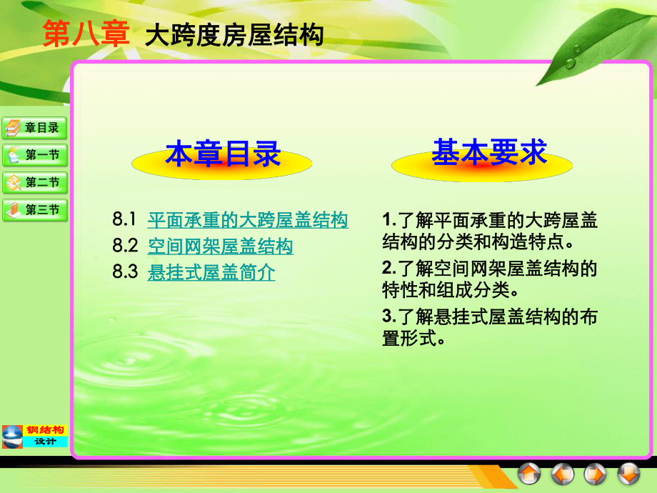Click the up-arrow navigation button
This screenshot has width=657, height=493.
(x=529, y=474)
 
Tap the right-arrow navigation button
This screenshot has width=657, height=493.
(x=596, y=474)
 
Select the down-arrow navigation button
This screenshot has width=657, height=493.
(x=628, y=474)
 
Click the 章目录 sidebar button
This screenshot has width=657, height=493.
(x=34, y=128)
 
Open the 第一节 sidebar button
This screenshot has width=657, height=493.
(x=34, y=155)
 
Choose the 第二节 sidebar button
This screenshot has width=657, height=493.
(x=34, y=182)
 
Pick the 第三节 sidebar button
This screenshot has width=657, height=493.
(x=34, y=210)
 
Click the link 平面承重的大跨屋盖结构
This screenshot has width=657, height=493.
(x=248, y=220)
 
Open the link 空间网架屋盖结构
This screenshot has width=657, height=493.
(x=220, y=246)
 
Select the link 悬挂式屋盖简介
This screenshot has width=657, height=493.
(x=211, y=272)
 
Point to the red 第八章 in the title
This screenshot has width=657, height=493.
(x=85, y=34)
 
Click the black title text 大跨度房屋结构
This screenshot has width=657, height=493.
(x=234, y=35)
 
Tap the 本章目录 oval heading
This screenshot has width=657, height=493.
(x=223, y=154)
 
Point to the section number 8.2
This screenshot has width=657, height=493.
(x=124, y=246)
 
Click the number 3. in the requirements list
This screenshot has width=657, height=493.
(x=388, y=315)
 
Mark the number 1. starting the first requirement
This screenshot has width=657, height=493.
(x=388, y=219)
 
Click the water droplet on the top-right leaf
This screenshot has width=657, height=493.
(x=570, y=63)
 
